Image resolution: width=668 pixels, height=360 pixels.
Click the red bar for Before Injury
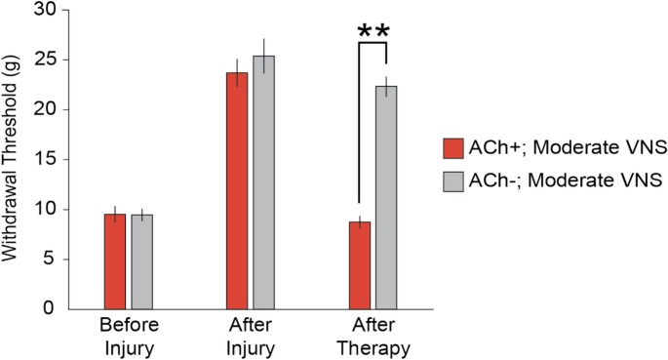pyautogui.click(x=115, y=261)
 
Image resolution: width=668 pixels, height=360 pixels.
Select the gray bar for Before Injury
pyautogui.click(x=142, y=261)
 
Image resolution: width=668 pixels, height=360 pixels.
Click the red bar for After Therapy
pyautogui.click(x=360, y=265)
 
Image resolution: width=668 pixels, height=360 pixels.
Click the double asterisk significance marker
pyautogui.click(x=373, y=32)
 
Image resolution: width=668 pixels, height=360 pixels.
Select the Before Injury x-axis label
pyautogui.click(x=129, y=335)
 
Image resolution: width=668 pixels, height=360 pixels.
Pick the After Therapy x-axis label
pyautogui.click(x=373, y=335)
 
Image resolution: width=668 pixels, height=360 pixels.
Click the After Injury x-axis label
pyautogui.click(x=251, y=335)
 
